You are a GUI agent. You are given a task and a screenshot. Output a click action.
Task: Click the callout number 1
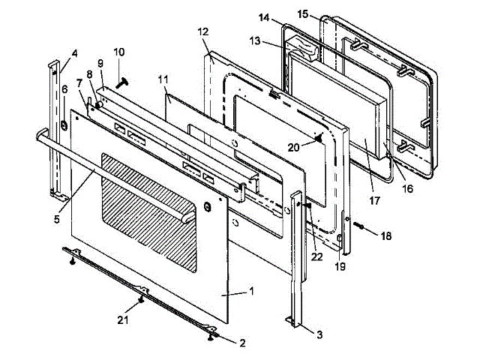(252, 291)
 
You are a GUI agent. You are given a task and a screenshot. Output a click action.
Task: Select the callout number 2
(241, 343)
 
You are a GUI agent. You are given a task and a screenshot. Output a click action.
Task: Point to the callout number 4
(74, 53)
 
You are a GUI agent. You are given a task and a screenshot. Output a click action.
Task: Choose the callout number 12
(203, 32)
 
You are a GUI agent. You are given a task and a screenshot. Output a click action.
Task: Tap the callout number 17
(373, 200)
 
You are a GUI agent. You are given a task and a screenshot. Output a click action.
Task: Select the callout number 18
(385, 235)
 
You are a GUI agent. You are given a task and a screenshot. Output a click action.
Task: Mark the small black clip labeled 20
(320, 137)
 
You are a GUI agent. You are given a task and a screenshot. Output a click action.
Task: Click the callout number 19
(340, 265)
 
